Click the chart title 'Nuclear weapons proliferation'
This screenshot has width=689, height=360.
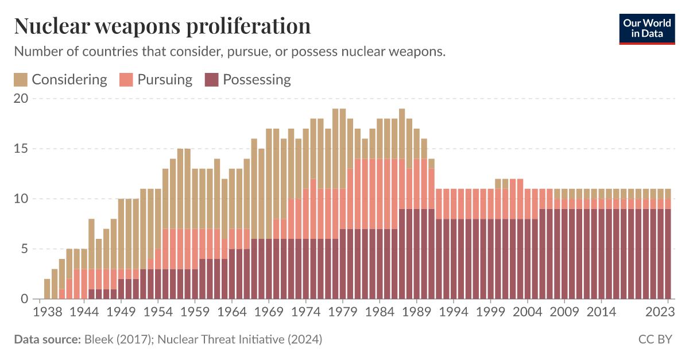click(x=162, y=26)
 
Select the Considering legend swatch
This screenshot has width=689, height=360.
click(x=21, y=80)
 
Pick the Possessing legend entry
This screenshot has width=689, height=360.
click(x=248, y=80)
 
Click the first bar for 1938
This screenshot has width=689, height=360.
click(x=47, y=289)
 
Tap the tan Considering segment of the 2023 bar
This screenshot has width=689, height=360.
click(x=668, y=193)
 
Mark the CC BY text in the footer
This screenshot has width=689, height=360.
click(x=655, y=339)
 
